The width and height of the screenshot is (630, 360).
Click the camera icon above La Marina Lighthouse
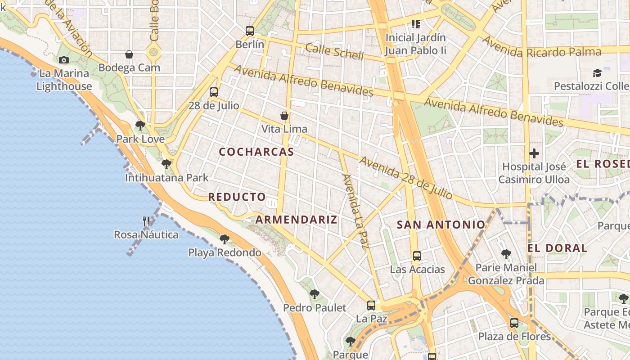(x=64, y=60)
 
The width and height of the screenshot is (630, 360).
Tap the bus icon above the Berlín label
(x=250, y=31)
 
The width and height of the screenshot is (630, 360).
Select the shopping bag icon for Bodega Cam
(x=129, y=54)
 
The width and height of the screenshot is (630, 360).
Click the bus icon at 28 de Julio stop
(x=214, y=92)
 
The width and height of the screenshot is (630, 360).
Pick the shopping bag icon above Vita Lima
(x=284, y=116)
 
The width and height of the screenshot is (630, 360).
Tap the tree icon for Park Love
(x=140, y=126)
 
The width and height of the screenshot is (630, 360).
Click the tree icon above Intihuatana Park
(x=166, y=164)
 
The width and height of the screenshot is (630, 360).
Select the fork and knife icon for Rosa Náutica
(x=146, y=221)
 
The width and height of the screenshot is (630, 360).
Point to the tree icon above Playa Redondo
(x=225, y=239)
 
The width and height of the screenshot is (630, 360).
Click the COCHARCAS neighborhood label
(x=256, y=152)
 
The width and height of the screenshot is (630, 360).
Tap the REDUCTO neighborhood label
(x=237, y=197)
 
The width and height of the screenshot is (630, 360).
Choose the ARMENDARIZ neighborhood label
(x=297, y=220)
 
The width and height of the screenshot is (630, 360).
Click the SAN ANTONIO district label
(x=441, y=225)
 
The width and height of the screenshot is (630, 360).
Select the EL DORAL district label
(x=558, y=248)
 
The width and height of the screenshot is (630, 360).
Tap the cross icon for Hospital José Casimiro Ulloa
(x=534, y=153)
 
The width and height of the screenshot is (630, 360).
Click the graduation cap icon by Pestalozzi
(x=597, y=73)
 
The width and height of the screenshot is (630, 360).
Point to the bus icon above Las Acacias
(x=417, y=256)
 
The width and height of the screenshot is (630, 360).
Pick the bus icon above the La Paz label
(x=371, y=305)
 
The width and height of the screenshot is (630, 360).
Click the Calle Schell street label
(x=334, y=52)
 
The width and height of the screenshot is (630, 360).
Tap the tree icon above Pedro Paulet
(x=315, y=294)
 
